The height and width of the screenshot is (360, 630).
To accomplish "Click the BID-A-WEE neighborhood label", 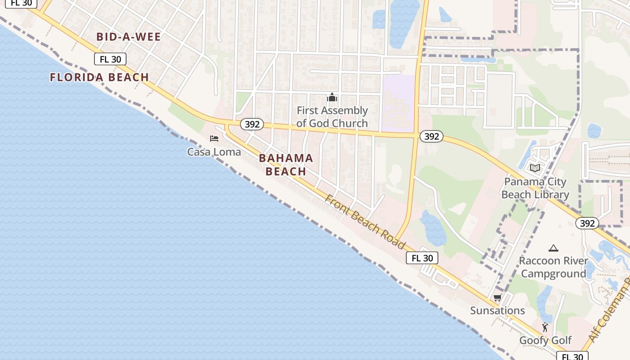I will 129,37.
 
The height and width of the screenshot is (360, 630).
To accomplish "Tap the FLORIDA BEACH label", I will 99,77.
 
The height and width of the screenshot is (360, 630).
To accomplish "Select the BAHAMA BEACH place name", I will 286,165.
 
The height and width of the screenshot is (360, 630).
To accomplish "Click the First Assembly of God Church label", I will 332,117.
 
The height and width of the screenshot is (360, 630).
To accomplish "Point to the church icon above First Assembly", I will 332,97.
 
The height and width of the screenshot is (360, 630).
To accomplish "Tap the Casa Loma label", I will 214,152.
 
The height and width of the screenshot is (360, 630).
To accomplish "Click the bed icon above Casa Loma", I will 214,139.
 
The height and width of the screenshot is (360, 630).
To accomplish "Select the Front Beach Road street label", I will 365,221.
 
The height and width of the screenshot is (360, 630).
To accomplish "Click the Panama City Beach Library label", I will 535,188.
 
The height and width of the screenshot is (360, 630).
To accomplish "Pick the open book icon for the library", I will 535,168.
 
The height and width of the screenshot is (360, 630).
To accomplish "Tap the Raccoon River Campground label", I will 553,267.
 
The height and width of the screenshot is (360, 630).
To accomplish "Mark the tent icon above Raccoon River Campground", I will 553,248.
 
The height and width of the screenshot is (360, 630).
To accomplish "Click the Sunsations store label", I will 497,310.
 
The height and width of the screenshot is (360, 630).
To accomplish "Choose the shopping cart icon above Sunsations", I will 497,297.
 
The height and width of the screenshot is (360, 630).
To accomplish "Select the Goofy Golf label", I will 545,340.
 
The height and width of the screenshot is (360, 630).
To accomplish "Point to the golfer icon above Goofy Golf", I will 545,327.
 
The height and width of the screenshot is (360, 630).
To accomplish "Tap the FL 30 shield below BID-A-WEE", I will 110,59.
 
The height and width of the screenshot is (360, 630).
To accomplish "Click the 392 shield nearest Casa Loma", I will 252,124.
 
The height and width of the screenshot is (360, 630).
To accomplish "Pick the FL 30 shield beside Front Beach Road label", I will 422,258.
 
